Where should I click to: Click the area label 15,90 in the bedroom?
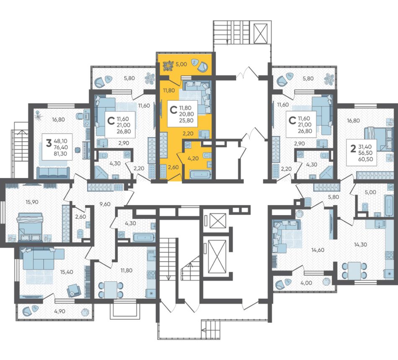(x=32, y=202)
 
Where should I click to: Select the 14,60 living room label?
(x=318, y=250)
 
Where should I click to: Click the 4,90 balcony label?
(x=60, y=311)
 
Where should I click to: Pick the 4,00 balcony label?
(x=307, y=282)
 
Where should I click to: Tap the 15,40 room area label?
(x=67, y=272)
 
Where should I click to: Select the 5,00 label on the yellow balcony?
(x=181, y=64)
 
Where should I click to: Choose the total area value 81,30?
(x=60, y=153)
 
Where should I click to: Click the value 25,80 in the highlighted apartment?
(x=186, y=120)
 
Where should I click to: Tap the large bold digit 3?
(x=49, y=143)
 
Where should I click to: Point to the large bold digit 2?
(x=353, y=149)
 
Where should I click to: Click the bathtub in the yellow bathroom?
(x=201, y=174)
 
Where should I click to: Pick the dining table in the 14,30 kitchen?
(x=354, y=271)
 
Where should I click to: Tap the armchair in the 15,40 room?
(x=74, y=290)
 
